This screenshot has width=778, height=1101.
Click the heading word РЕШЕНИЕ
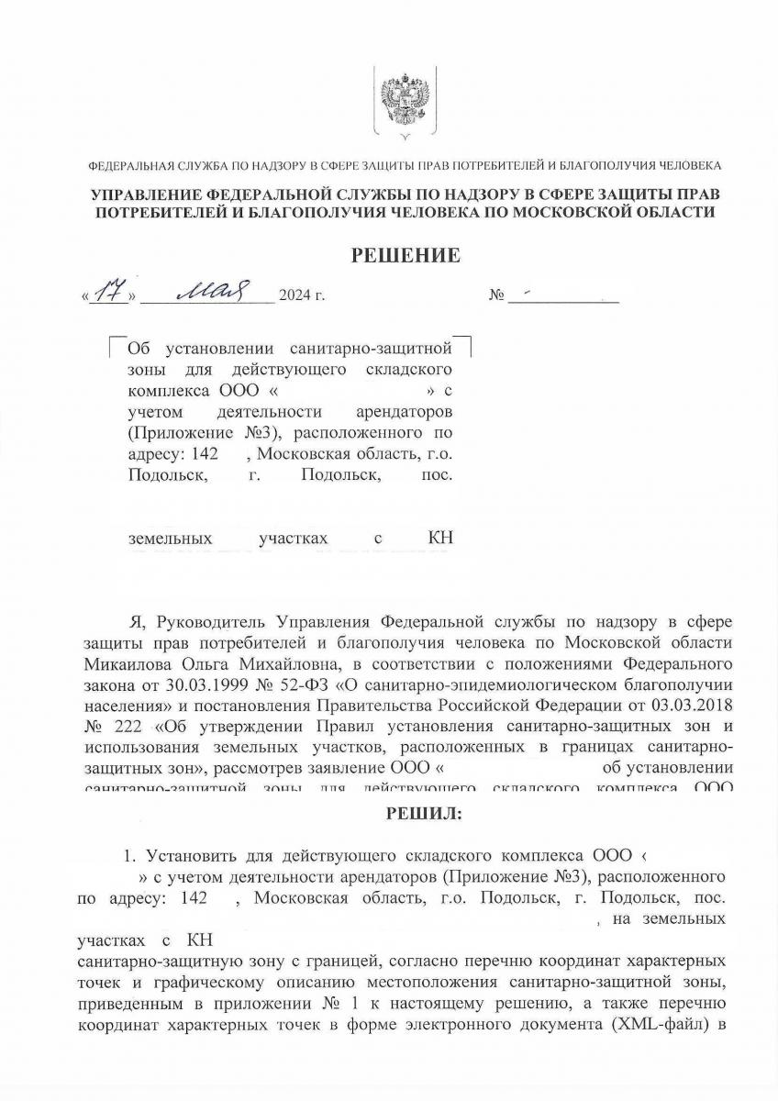click(406, 255)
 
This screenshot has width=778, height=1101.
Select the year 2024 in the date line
click(296, 296)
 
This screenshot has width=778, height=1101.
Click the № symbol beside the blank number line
click(498, 296)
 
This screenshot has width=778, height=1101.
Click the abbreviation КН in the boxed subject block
click(441, 539)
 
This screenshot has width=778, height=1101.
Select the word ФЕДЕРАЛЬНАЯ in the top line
click(126, 166)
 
